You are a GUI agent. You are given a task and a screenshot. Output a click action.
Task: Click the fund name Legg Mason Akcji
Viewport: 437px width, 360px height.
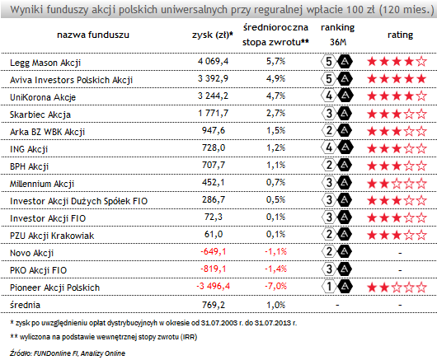coord(45,63)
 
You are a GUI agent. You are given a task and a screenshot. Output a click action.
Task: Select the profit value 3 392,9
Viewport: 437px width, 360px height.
coord(213,79)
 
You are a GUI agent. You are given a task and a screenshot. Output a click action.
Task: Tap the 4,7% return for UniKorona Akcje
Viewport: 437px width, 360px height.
coord(275,96)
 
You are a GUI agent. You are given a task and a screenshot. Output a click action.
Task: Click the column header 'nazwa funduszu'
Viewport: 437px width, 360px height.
coord(93,35)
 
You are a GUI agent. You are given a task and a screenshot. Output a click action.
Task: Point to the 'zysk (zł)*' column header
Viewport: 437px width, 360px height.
coord(213,35)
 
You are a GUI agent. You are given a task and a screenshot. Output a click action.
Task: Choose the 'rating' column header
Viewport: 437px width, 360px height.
coord(400,35)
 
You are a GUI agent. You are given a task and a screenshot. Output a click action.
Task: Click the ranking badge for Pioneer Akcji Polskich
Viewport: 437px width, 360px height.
coord(336,287)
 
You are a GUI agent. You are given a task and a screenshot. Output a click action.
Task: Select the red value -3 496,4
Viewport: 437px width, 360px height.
coord(214,286)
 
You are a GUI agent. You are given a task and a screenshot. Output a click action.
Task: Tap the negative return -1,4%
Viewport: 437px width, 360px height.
coord(275,269)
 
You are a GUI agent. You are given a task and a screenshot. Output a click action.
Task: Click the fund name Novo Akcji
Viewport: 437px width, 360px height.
coord(31,253)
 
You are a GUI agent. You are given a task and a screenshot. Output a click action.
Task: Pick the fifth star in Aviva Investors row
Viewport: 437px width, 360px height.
coord(421,79)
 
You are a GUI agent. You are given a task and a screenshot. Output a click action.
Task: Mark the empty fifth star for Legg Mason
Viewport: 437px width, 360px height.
coord(421,62)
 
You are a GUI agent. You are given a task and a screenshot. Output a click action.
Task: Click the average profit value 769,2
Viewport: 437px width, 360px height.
coord(214,305)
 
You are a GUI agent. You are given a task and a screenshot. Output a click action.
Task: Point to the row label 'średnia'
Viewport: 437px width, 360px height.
coord(25,305)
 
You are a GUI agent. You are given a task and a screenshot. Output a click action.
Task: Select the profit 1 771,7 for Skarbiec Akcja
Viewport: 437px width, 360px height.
coord(213,113)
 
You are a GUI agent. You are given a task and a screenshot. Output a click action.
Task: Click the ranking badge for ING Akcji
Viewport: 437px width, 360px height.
coord(336,147)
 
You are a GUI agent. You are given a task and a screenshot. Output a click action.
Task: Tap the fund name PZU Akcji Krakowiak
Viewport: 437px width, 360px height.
coord(52,236)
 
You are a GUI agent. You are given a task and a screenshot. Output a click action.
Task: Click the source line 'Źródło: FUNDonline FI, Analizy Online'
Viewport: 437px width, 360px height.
coord(67,353)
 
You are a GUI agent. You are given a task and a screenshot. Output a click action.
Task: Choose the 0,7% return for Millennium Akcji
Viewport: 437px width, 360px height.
coord(275,182)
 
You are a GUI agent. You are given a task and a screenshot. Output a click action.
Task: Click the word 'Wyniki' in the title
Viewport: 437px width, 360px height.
coord(26,10)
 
